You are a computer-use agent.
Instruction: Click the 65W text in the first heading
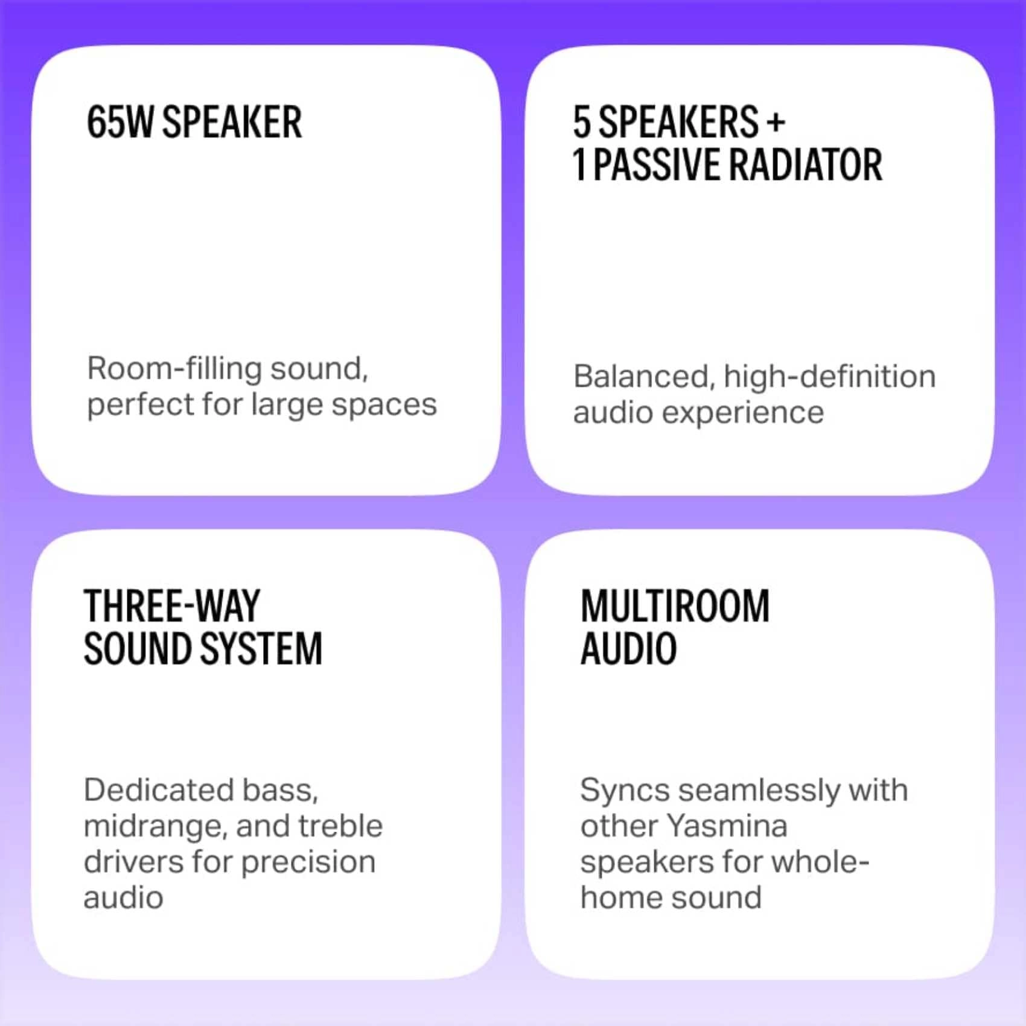pos(120,123)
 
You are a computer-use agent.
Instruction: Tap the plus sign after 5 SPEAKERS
pos(776,123)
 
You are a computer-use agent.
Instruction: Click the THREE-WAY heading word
pos(172,606)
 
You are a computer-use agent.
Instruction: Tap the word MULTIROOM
pos(675,606)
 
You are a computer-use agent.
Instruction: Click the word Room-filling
pos(174,368)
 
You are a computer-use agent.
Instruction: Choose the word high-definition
pos(829,377)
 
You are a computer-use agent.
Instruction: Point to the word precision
pos(308,862)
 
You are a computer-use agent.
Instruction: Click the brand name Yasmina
pos(727,826)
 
